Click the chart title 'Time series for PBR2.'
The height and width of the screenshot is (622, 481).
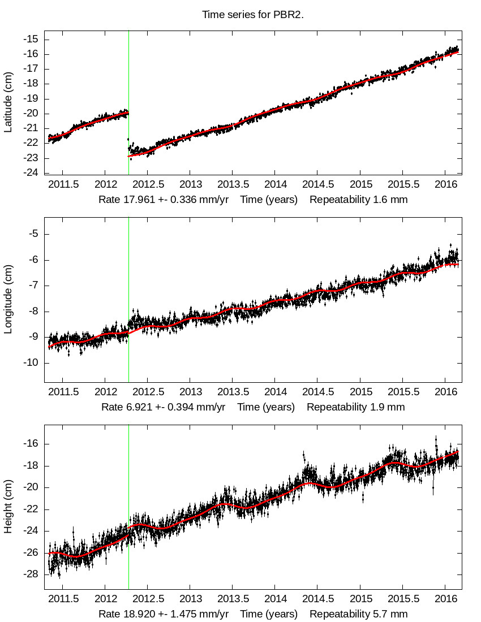click(x=253, y=14)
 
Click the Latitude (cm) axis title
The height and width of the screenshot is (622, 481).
click(x=8, y=102)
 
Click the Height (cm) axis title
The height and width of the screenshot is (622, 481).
click(x=8, y=508)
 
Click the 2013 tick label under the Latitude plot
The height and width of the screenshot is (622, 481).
click(x=191, y=185)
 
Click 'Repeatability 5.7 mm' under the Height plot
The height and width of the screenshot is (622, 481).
click(x=359, y=614)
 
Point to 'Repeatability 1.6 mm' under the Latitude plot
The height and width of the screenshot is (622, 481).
click(x=359, y=200)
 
